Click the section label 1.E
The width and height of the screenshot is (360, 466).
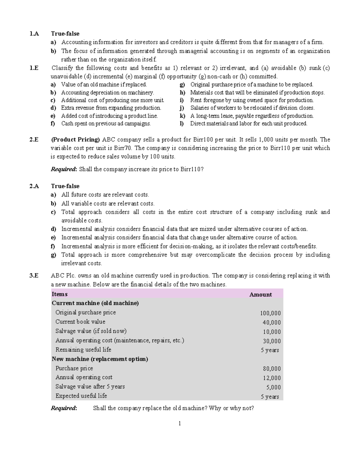[x=34, y=68]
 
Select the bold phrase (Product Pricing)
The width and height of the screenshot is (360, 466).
[x=75, y=140]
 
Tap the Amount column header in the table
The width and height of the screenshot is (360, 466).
[x=260, y=295]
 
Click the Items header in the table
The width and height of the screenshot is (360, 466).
[x=59, y=294]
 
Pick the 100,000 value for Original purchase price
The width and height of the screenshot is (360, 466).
[x=270, y=313]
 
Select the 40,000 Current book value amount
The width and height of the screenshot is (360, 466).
[x=271, y=323]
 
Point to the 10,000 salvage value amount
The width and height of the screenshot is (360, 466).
[x=271, y=332]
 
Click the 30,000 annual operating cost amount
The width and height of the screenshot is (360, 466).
[x=271, y=341]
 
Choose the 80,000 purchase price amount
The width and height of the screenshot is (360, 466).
[x=271, y=369]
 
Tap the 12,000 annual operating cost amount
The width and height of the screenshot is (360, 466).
[x=271, y=378]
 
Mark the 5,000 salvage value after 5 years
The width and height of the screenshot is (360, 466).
[x=273, y=387]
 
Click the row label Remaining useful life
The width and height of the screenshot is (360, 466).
[x=83, y=350]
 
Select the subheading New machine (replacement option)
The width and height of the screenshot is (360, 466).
[x=100, y=359]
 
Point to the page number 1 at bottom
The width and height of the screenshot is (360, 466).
[x=180, y=424]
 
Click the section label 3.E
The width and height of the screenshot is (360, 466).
[x=34, y=276]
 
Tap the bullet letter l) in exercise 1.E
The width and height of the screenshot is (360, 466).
[x=181, y=124]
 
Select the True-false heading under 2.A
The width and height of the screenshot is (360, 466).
[x=65, y=186]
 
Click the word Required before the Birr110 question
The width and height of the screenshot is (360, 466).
[x=64, y=170]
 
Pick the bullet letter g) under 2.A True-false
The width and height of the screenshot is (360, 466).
[x=53, y=255]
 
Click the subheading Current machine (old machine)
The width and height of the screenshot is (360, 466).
[x=95, y=303]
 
